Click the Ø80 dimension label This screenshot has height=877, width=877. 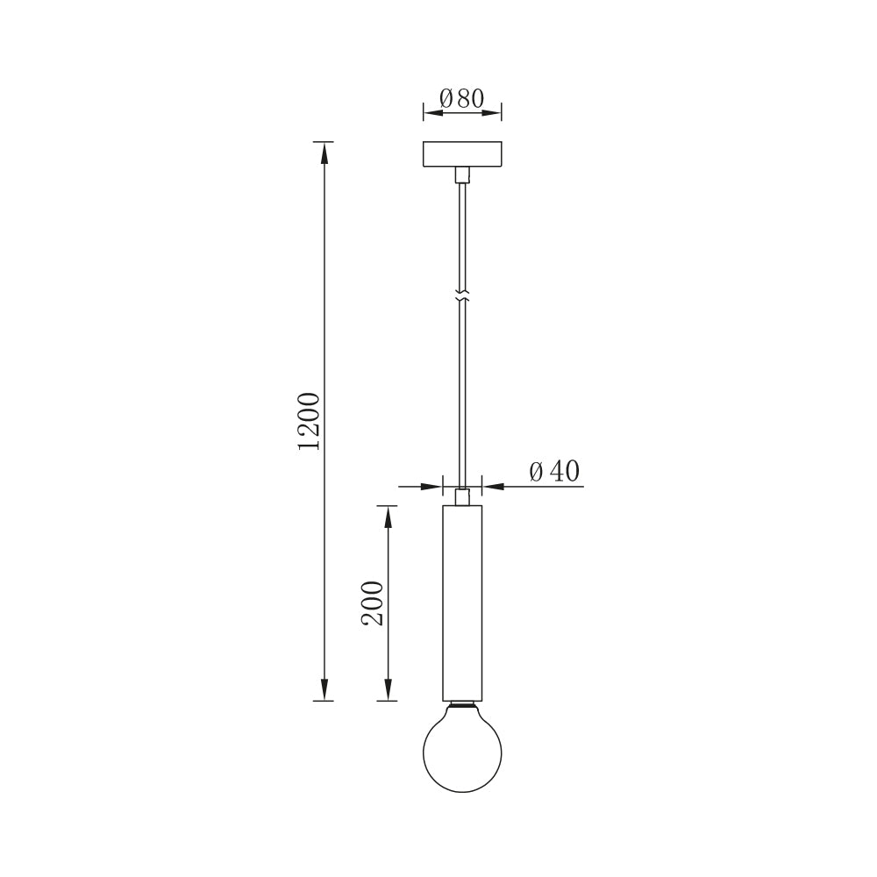click(x=462, y=98)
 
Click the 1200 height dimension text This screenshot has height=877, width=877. click(x=310, y=421)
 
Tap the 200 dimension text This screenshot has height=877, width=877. click(x=374, y=602)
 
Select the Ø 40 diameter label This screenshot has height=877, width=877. click(x=554, y=472)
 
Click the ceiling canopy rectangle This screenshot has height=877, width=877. click(x=462, y=154)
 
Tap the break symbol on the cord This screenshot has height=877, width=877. click(x=462, y=297)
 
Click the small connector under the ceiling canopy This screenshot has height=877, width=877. click(x=462, y=175)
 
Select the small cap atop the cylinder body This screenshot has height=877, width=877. click(x=462, y=497)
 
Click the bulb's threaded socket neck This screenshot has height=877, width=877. click(x=462, y=705)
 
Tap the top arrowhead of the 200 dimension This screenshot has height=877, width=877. click(x=388, y=516)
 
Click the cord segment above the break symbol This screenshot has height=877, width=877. click(x=462, y=237)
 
